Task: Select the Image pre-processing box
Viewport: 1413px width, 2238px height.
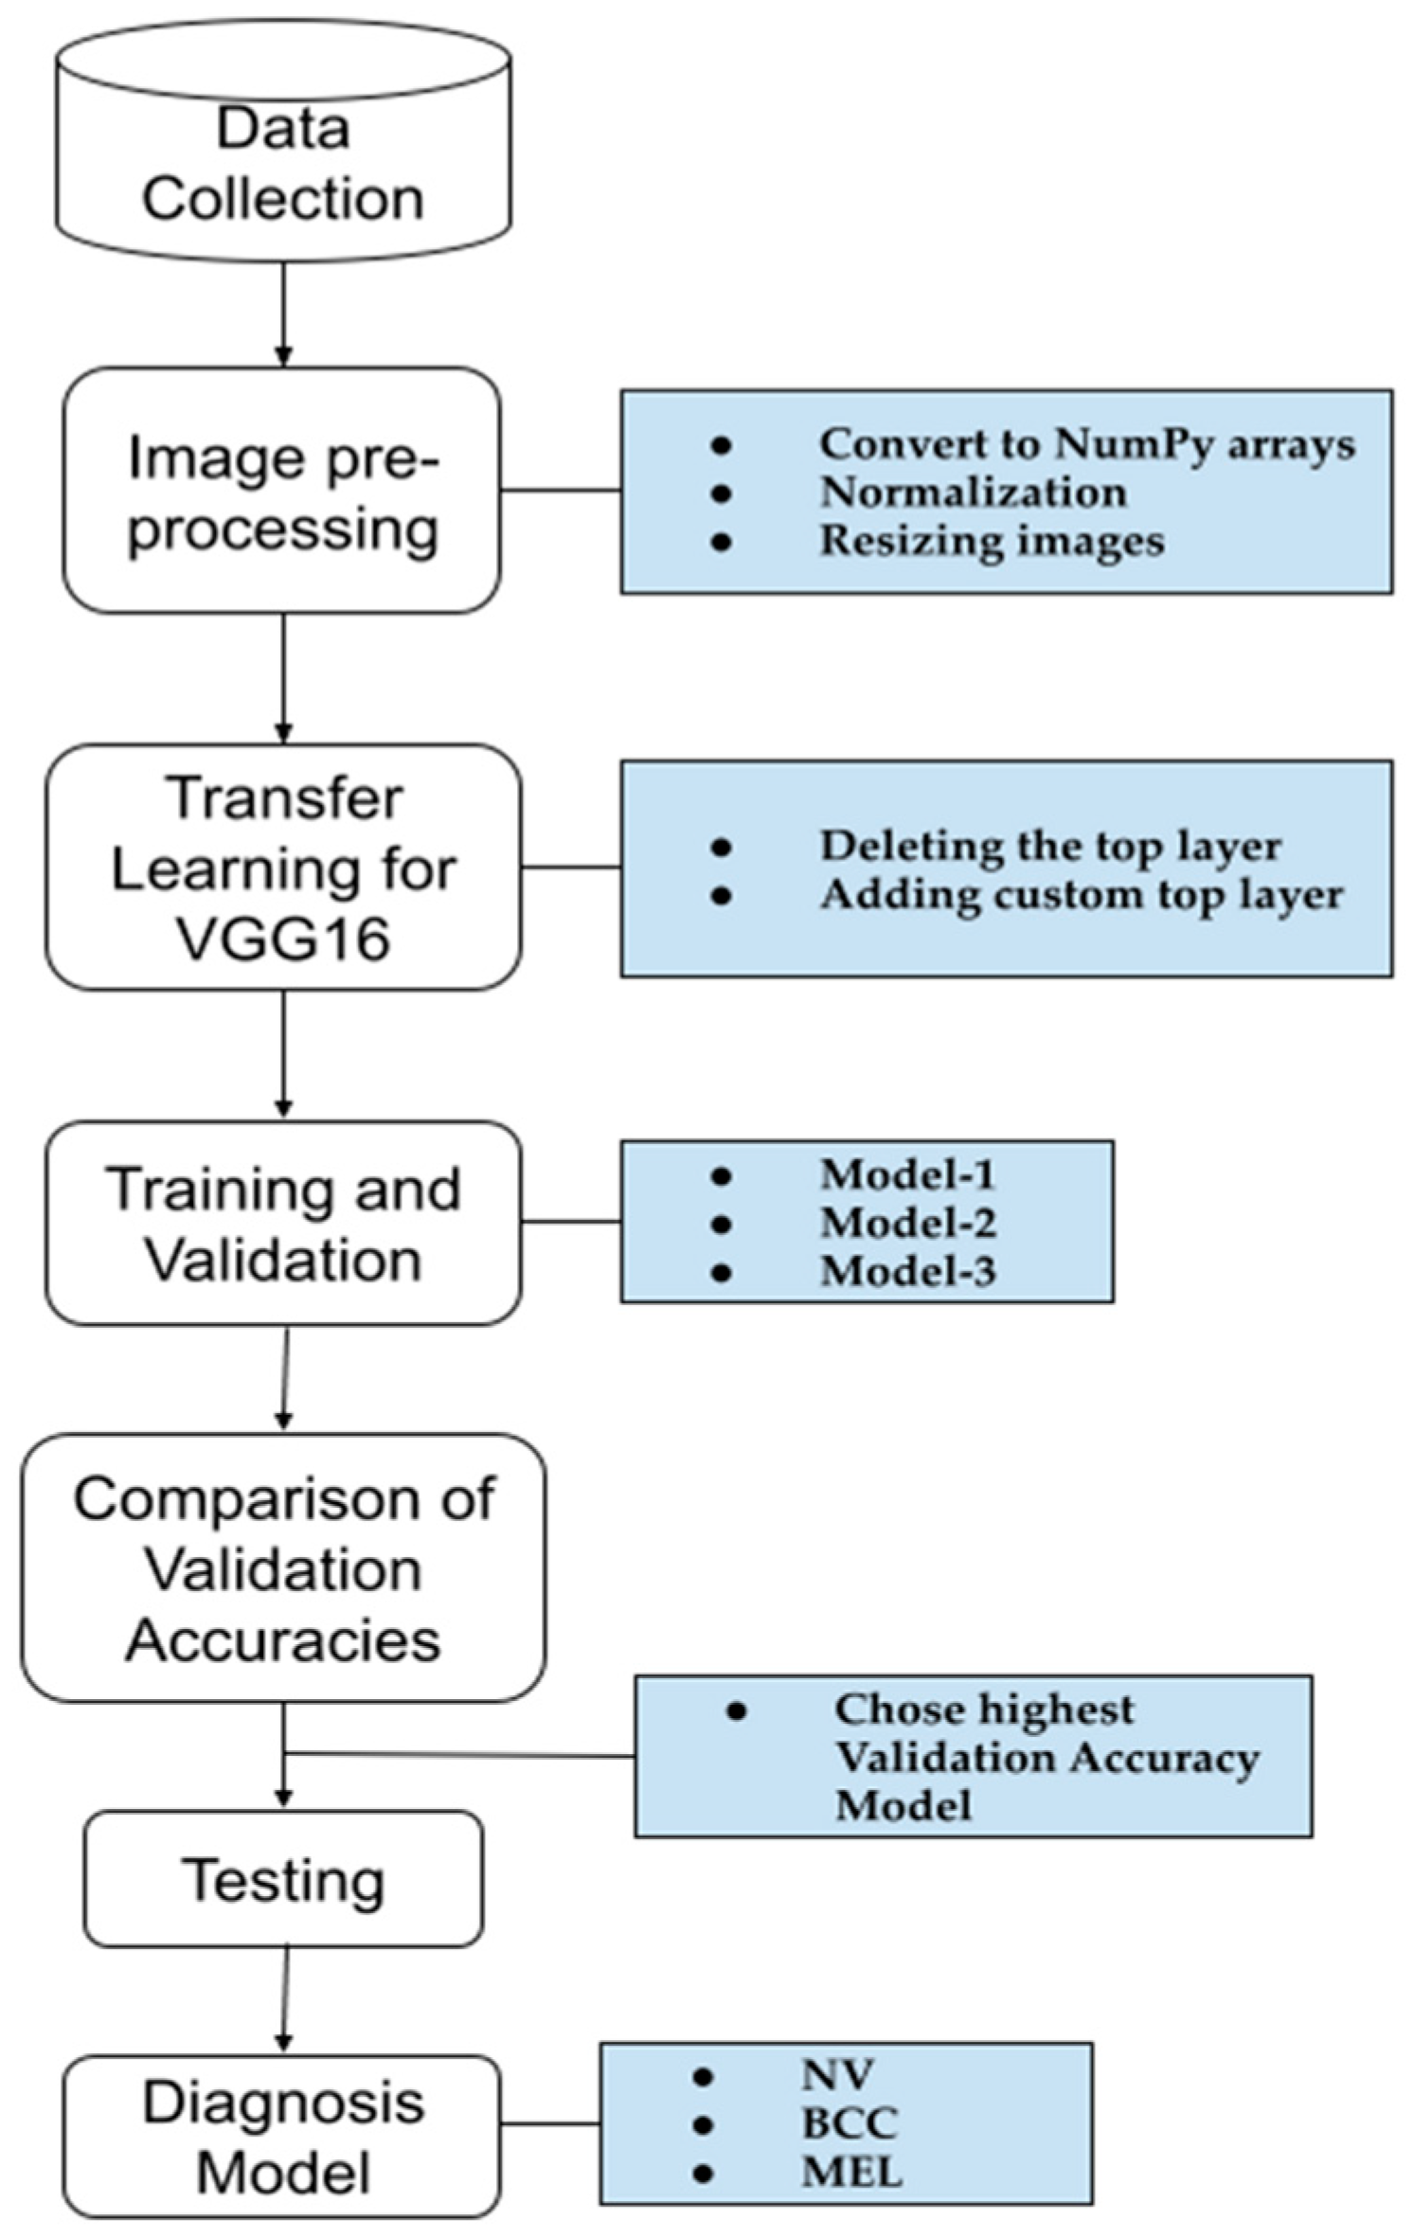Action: point(282,490)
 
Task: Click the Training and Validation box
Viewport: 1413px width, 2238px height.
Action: point(282,1223)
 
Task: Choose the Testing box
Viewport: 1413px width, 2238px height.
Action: point(282,1879)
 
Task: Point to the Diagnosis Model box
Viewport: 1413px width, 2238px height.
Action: point(282,2136)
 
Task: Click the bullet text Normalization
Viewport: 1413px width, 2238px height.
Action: point(973,492)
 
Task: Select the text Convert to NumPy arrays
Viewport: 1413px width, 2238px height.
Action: point(1086,443)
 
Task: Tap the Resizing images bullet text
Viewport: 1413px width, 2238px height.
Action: point(991,541)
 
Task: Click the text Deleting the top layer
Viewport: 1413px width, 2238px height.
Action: point(1049,846)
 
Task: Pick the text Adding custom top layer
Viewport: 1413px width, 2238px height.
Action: point(1081,895)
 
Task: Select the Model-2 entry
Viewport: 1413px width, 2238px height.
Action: point(907,1223)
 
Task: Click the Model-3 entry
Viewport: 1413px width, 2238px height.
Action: point(907,1271)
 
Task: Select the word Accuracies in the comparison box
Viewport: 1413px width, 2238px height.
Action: point(282,1639)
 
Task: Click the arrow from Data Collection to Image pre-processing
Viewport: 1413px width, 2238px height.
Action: point(282,313)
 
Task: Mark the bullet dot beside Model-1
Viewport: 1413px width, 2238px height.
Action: point(721,1175)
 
